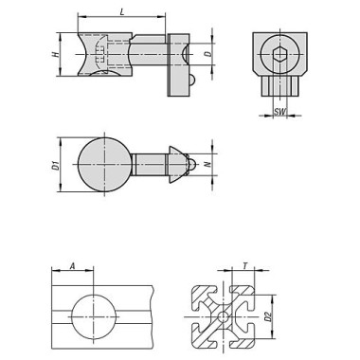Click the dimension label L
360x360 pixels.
122,12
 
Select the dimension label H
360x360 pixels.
56,54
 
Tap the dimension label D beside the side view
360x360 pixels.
208,53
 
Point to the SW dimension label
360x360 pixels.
279,111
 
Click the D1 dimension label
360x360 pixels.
56,166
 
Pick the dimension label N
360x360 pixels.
207,164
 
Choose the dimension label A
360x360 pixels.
72,266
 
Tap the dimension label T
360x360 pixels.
245,266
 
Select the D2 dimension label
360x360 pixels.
268,316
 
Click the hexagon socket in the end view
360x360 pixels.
279,54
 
